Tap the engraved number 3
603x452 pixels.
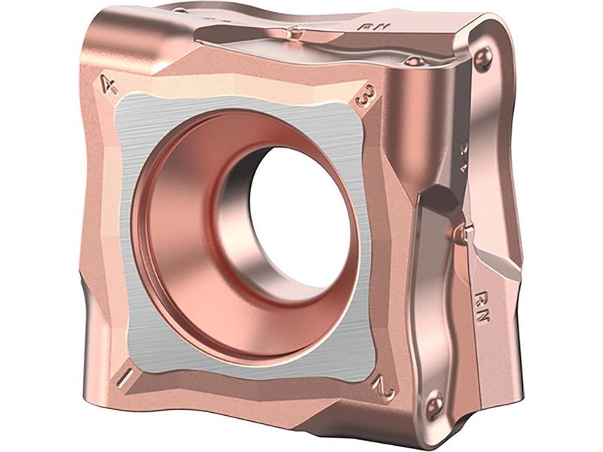366,96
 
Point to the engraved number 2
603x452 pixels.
384,389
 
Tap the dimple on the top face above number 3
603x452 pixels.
413,60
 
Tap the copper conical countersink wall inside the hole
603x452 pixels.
188,249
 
